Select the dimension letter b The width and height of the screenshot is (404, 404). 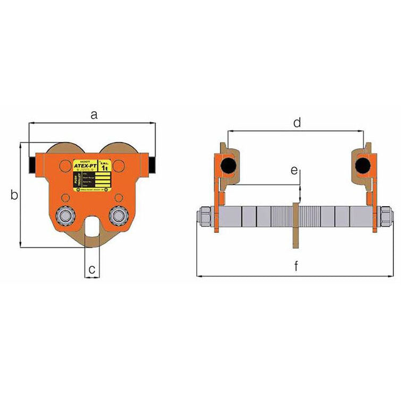tap(14, 196)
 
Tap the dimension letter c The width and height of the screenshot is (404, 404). tap(92, 270)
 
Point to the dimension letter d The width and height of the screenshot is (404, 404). tap(297, 123)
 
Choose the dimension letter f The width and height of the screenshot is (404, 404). tap(296, 267)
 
